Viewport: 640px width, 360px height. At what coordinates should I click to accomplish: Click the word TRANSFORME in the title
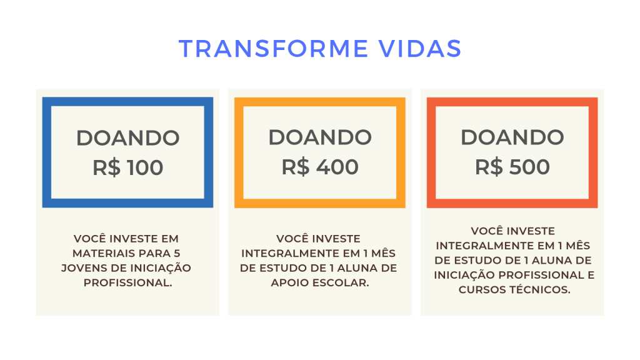tap(274, 49)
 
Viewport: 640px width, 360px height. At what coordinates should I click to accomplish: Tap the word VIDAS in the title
tap(420, 49)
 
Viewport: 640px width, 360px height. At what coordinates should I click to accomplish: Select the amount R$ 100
tap(127, 167)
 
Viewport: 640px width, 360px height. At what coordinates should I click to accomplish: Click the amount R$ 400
tap(320, 167)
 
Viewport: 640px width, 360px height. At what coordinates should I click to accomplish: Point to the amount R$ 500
tap(512, 167)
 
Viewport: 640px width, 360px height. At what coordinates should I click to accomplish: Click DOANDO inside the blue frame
tap(127, 138)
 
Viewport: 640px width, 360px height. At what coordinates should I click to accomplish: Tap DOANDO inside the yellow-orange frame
tap(320, 137)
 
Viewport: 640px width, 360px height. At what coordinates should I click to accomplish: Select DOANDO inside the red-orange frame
tap(512, 137)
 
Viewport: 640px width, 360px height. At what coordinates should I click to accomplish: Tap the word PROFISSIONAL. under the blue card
tap(127, 283)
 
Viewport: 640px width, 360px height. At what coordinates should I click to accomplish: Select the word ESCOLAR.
tap(339, 283)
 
